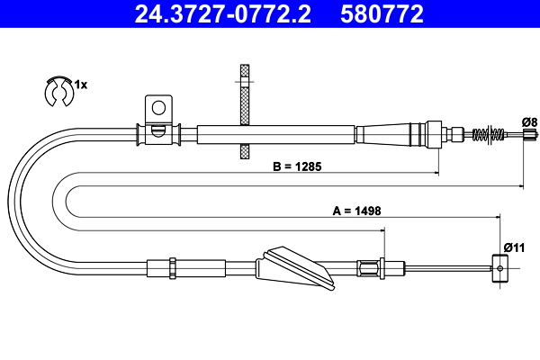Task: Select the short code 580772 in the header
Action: (380, 13)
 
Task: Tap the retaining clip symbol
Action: (58, 90)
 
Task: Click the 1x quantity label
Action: (80, 85)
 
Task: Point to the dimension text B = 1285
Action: (297, 166)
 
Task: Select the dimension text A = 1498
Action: (356, 211)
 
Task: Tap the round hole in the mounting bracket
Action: (158, 108)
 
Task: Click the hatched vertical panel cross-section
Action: (243, 112)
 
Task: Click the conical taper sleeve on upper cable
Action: (387, 134)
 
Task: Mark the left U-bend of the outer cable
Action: (22, 198)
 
